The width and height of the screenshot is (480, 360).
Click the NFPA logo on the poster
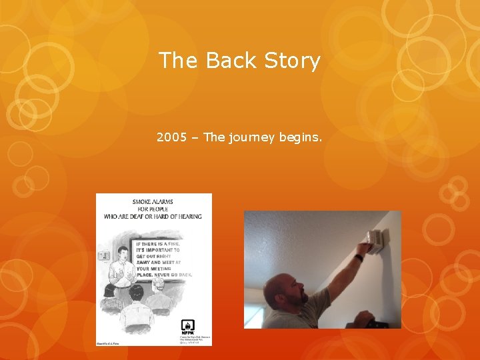(187, 327)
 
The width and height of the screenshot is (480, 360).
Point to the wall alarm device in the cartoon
(103, 255)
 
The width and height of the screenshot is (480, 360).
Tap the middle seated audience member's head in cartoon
(136, 291)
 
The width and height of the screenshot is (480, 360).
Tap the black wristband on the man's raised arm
(359, 257)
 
